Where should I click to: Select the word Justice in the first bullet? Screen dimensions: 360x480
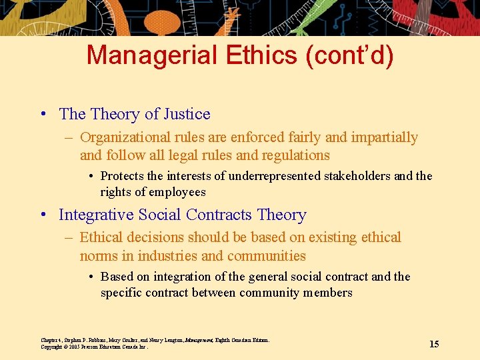coord(185,114)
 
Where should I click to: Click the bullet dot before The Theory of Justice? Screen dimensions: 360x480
coord(43,114)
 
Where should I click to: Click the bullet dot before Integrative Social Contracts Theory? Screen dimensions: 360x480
coord(43,215)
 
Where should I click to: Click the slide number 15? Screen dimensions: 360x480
coord(434,344)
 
